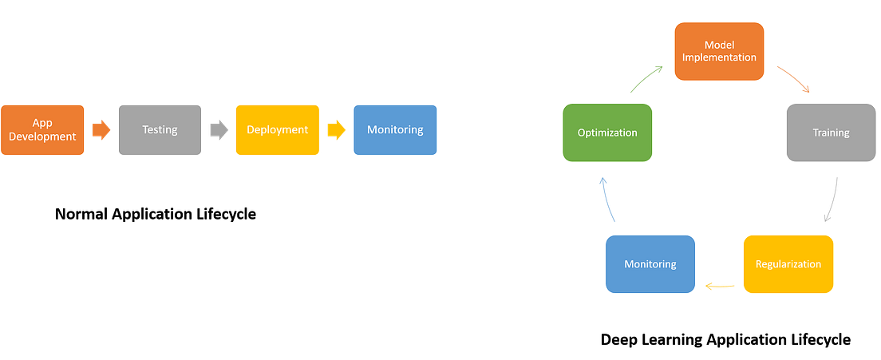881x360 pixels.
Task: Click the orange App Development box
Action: [x=43, y=130]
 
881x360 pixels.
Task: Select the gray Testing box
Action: [x=160, y=130]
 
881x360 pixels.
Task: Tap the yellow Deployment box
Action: [x=277, y=130]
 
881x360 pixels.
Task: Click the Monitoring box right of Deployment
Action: [x=395, y=130]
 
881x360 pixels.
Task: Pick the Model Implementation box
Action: [x=719, y=51]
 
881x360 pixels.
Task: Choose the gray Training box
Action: [x=831, y=133]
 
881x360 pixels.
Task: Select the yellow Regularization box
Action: [x=788, y=264]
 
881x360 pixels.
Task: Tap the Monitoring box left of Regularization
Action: [x=650, y=264]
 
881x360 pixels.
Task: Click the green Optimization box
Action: [x=607, y=133]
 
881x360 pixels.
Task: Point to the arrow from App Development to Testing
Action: [x=101, y=130]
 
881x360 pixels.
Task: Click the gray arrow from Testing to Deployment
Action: [x=218, y=130]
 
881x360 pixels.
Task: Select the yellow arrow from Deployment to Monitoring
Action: [x=336, y=130]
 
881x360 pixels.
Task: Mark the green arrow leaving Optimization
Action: [x=646, y=80]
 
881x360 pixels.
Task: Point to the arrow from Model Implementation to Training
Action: [x=794, y=80]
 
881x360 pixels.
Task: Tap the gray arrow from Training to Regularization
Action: [x=831, y=200]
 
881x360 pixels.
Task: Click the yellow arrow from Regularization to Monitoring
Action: [x=720, y=285]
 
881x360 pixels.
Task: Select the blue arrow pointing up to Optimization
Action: [x=609, y=199]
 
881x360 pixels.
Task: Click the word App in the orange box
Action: [x=42, y=123]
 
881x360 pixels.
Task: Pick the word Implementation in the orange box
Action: [x=719, y=57]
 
